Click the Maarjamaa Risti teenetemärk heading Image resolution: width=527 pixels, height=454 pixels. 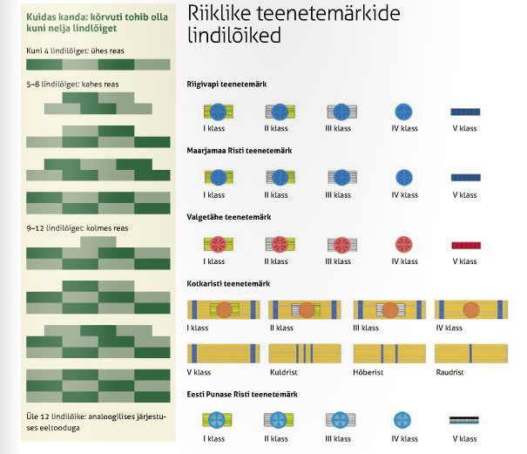(239, 151)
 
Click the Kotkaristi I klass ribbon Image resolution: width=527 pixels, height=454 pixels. (223, 309)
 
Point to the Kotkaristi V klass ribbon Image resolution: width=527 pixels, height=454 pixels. (223, 353)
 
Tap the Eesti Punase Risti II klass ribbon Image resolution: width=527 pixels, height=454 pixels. (279, 420)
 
